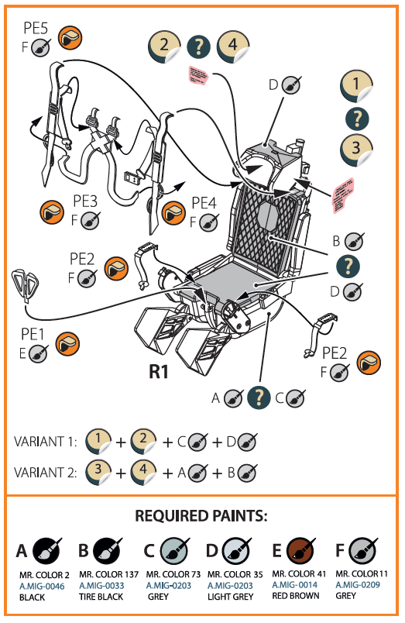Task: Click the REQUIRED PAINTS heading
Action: (202, 516)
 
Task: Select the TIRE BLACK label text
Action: (101, 597)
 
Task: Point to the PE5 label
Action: (35, 30)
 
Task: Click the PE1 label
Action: (33, 336)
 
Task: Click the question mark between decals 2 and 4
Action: (199, 46)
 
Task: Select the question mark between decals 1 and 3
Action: (355, 119)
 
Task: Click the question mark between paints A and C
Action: (257, 398)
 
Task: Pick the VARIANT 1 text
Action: (46, 442)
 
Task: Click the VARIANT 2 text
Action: (46, 472)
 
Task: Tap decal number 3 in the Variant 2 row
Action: (98, 471)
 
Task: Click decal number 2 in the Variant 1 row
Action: (143, 441)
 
